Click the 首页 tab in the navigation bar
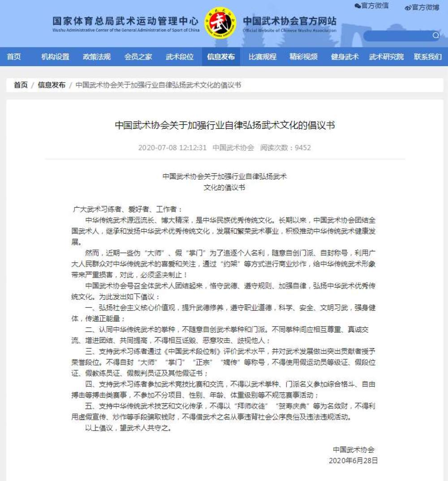pyautogui.click(x=14, y=57)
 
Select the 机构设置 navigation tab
pyautogui.click(x=55, y=57)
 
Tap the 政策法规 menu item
pyautogui.click(x=97, y=57)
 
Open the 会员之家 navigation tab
pyautogui.click(x=138, y=57)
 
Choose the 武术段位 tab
pyautogui.click(x=180, y=57)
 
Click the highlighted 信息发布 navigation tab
pyautogui.click(x=221, y=57)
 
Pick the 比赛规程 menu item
pyautogui.click(x=263, y=57)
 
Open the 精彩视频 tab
pyautogui.click(x=304, y=57)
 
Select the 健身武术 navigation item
pyautogui.click(x=345, y=57)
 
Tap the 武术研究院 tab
pyautogui.click(x=386, y=57)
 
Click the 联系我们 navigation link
pyautogui.click(x=428, y=57)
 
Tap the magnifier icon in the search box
pyautogui.click(x=435, y=36)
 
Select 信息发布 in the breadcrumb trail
pyautogui.click(x=52, y=85)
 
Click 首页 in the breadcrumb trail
pyautogui.click(x=21, y=85)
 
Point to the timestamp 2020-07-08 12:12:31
pyautogui.click(x=172, y=148)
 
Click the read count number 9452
pyautogui.click(x=303, y=148)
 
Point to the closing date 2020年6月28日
pyautogui.click(x=353, y=460)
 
